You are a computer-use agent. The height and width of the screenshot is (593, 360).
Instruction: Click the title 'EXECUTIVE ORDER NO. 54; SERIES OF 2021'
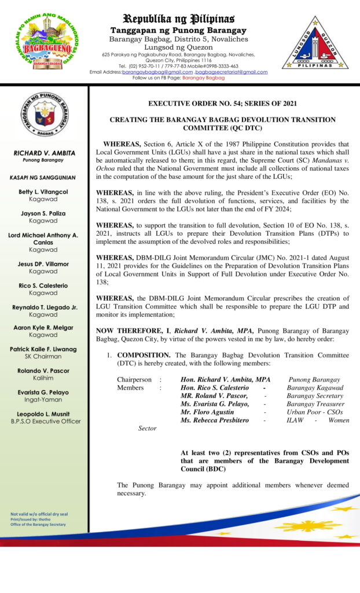pos(222,104)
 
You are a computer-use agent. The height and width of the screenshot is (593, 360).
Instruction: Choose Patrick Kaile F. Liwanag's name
pos(43,349)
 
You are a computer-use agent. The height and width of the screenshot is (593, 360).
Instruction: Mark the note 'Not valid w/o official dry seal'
pos(39,514)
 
